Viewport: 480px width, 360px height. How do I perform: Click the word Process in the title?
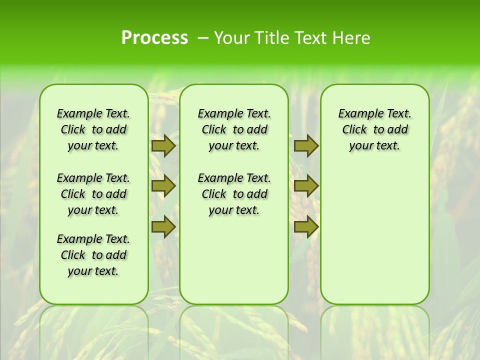(x=154, y=38)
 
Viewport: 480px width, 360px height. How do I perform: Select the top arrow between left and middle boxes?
(x=163, y=145)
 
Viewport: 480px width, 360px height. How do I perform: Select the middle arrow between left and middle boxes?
(x=163, y=186)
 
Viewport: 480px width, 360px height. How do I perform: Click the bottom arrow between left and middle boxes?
(x=163, y=227)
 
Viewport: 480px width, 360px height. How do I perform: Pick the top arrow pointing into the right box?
(x=306, y=145)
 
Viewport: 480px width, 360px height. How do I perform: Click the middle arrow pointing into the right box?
(x=306, y=186)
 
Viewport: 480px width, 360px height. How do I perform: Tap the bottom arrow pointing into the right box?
(x=306, y=227)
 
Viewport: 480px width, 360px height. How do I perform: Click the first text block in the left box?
(x=93, y=129)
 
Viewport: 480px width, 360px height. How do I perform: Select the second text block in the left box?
(x=93, y=194)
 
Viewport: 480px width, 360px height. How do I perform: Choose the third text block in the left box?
(x=93, y=255)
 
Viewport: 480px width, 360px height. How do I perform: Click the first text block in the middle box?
(x=234, y=129)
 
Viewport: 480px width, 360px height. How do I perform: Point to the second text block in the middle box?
(x=234, y=194)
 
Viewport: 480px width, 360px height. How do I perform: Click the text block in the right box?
(x=374, y=129)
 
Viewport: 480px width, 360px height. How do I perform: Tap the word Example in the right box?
(x=358, y=114)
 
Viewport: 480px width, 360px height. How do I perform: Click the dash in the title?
(x=203, y=38)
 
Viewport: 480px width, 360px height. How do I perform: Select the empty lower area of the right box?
(x=374, y=235)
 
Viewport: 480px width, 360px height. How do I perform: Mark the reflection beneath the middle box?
(x=234, y=330)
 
